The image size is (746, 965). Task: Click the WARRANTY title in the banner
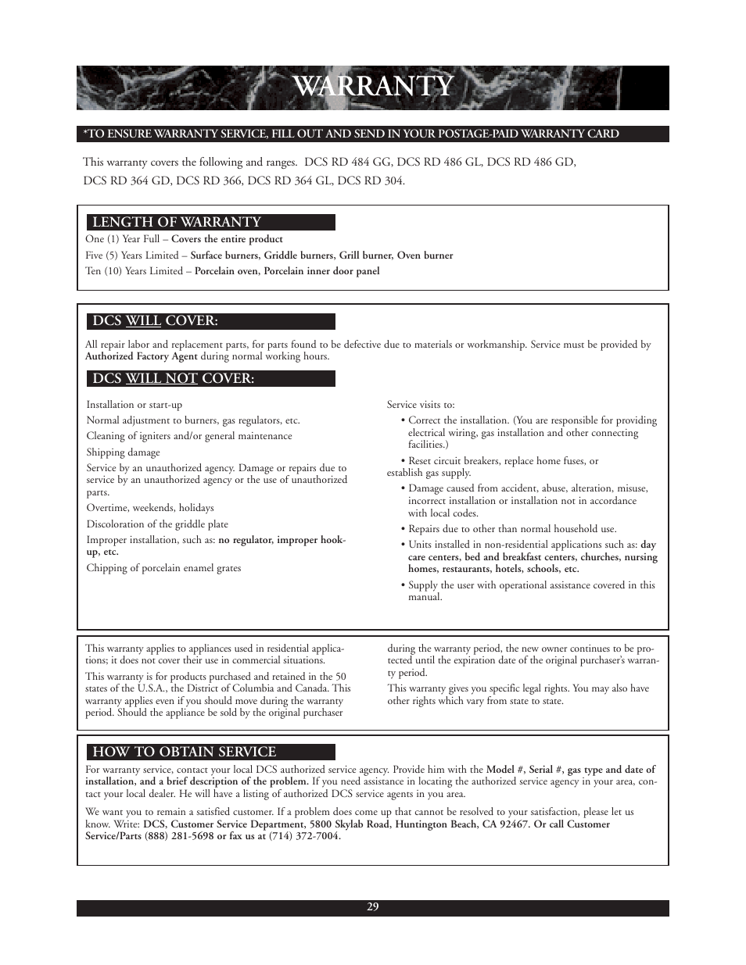[x=373, y=87]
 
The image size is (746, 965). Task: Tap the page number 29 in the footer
[x=373, y=907]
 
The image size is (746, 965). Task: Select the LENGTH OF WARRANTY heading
[x=177, y=223]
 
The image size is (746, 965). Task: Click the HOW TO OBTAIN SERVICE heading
[x=185, y=752]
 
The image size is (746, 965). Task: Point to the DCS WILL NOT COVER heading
[x=174, y=379]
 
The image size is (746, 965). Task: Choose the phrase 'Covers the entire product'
[x=227, y=240]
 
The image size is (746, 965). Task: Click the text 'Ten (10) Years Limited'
[x=134, y=271]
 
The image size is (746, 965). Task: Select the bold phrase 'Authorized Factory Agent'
[x=141, y=356]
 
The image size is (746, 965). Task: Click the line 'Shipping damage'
[x=123, y=452]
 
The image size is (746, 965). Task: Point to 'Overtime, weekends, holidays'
[x=150, y=508]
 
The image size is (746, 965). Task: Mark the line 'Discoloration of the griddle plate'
[x=157, y=524]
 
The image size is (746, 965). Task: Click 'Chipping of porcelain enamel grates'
[x=163, y=568]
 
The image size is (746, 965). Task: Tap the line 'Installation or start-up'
[x=134, y=405]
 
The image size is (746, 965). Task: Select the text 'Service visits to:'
[x=421, y=405]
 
